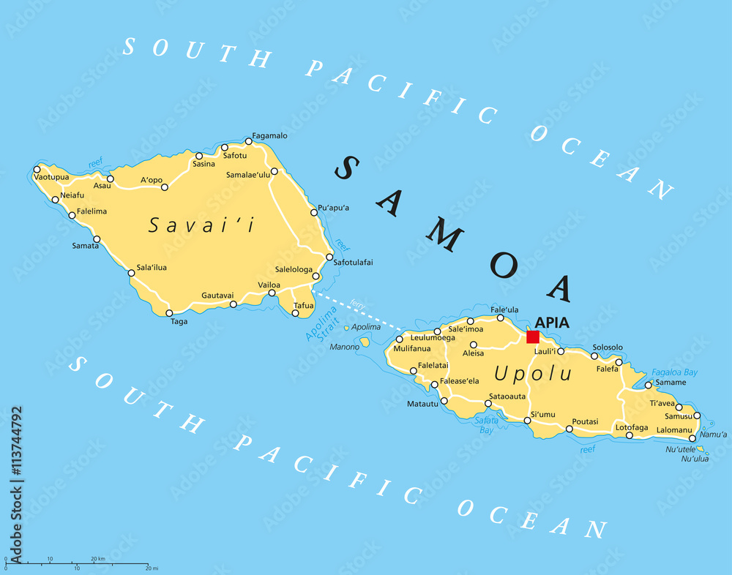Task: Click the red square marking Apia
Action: pos(533,337)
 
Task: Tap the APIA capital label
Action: pos(552,322)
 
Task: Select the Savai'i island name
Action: pos(201,225)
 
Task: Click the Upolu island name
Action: pos(523,373)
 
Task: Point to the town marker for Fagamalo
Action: pos(249,141)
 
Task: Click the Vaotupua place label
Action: pos(51,177)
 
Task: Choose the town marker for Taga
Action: pos(170,313)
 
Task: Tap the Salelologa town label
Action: pos(294,269)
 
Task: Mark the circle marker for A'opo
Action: pos(165,187)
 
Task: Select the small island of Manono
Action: pos(365,342)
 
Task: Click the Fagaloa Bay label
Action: pos(674,372)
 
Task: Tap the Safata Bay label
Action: pos(485,425)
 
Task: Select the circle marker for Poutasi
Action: pos(569,429)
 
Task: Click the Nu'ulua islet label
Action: pos(695,459)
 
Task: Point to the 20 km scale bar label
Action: pos(98,559)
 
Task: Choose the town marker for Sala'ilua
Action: pos(132,274)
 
